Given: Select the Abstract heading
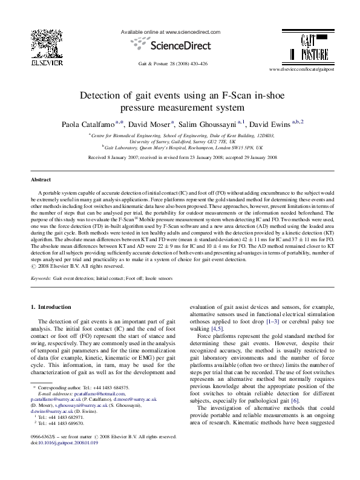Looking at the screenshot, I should [42, 180].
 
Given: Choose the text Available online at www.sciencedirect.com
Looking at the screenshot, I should [171, 32].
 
